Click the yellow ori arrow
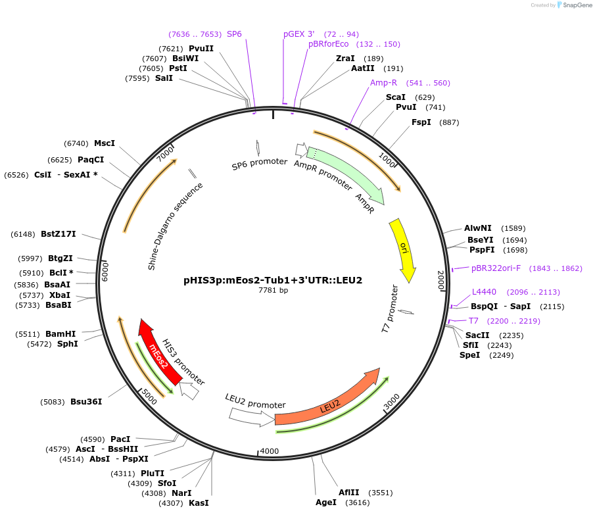pyautogui.click(x=403, y=248)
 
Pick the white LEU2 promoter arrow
pyautogui.click(x=250, y=415)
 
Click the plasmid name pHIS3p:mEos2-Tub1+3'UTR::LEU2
pyautogui.click(x=273, y=280)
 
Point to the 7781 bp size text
pyautogui.click(x=273, y=290)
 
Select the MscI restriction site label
pyautogui.click(x=105, y=143)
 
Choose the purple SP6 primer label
pyautogui.click(x=234, y=34)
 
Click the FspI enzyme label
pyautogui.click(x=421, y=122)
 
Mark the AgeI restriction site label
pyautogui.click(x=325, y=503)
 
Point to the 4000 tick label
pyautogui.click(x=270, y=451)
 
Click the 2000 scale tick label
pyautogui.click(x=442, y=280)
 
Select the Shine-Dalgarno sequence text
pyautogui.click(x=175, y=226)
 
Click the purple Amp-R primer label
pyautogui.click(x=383, y=83)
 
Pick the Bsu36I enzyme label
pyautogui.click(x=86, y=401)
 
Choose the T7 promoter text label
pyautogui.click(x=390, y=308)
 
